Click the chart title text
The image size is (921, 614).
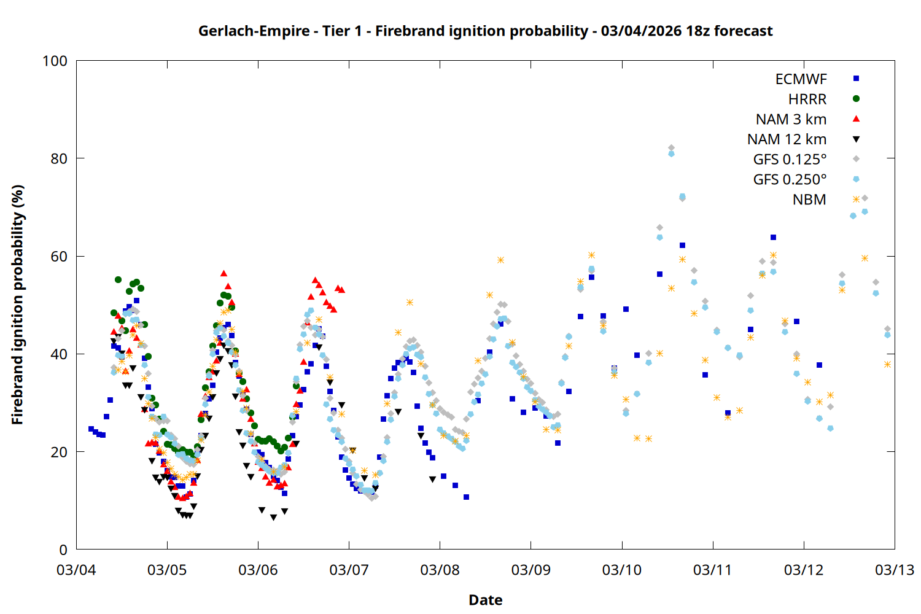point(485,31)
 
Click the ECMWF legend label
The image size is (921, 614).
point(801,79)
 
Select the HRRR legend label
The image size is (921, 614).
point(807,99)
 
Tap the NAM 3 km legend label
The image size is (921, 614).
point(791,119)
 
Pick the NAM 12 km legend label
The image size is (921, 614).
point(787,139)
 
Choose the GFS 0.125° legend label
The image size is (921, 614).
point(790,160)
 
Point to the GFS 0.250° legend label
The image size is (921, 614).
point(790,179)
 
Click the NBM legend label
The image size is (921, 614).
point(809,200)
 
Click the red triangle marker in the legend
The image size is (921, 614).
point(856,119)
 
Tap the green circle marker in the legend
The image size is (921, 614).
point(856,98)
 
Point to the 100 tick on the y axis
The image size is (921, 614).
point(55,61)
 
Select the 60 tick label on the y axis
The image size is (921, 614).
point(59,256)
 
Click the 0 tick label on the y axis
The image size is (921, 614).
point(63,550)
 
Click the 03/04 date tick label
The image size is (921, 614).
point(76,570)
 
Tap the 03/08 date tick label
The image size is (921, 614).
point(440,570)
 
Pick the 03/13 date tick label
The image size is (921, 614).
point(894,570)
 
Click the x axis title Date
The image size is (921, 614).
point(485,600)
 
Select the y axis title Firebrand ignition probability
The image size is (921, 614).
point(17,305)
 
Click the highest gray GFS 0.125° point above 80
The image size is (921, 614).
point(671,148)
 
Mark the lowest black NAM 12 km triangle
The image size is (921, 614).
point(273,518)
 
